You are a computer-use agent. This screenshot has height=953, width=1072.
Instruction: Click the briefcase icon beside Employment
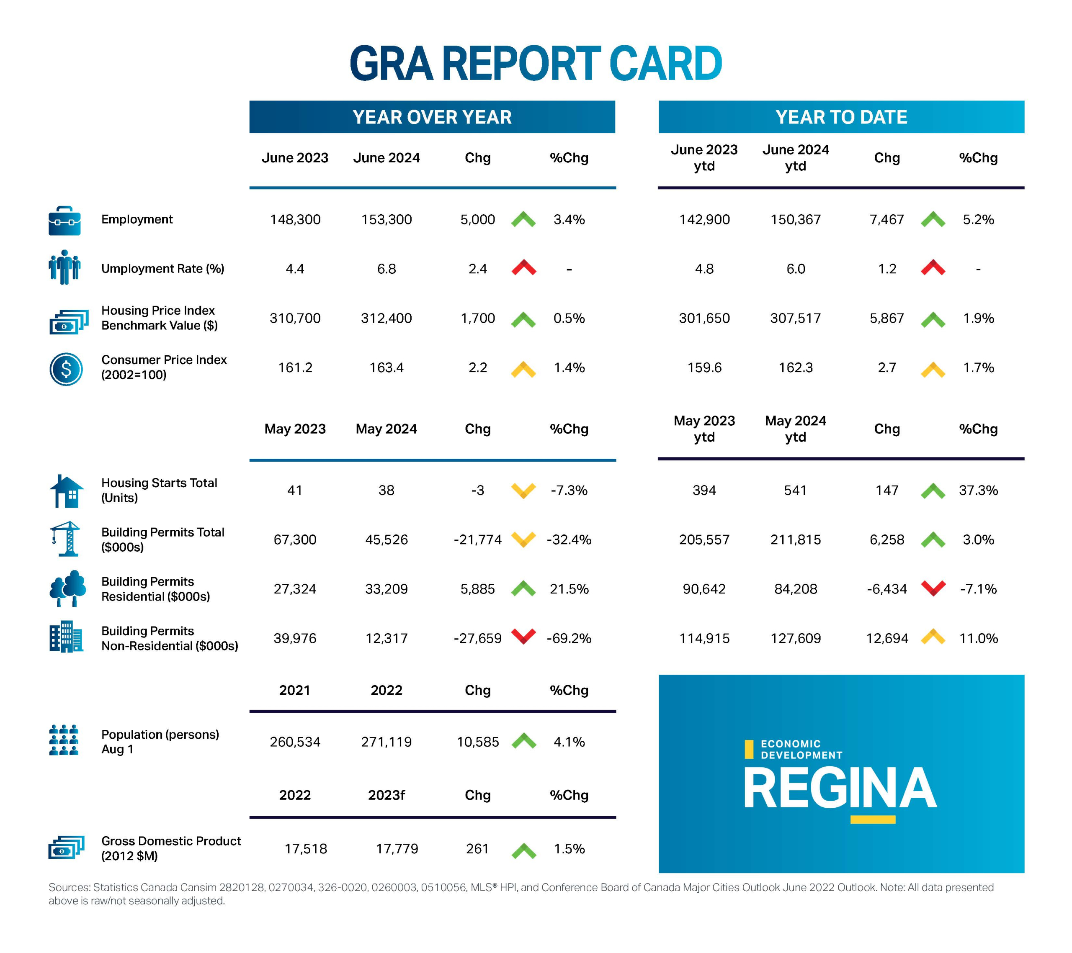(64, 221)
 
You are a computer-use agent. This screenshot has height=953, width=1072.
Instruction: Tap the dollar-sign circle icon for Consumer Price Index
(66, 369)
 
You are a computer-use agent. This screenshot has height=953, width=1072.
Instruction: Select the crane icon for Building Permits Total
(66, 539)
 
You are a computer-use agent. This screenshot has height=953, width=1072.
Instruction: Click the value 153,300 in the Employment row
(387, 220)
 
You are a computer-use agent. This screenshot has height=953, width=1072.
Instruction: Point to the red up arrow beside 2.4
(523, 268)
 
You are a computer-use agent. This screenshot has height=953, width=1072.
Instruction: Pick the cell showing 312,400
(387, 318)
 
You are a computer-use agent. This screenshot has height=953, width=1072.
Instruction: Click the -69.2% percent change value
(569, 639)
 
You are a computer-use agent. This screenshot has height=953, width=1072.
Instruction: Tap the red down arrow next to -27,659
(523, 637)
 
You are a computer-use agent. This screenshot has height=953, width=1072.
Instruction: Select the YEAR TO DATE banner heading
(841, 117)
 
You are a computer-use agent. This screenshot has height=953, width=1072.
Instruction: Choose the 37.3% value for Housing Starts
(978, 491)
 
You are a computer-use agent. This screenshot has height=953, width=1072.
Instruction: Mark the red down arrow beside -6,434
(933, 588)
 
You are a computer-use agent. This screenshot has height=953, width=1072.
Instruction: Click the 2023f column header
(387, 795)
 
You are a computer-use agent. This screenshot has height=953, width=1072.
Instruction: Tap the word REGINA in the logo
(840, 789)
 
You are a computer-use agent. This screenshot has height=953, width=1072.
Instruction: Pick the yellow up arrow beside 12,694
(933, 637)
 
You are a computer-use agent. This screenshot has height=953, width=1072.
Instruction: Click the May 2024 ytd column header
(796, 429)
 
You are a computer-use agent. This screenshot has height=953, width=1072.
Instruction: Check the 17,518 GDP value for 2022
(306, 849)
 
